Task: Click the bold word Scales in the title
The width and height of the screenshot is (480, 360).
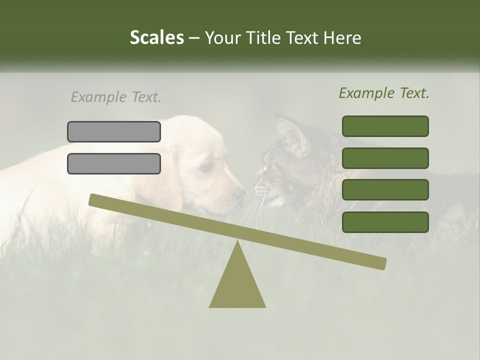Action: (156, 37)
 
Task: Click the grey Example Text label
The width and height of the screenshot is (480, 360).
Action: (116, 97)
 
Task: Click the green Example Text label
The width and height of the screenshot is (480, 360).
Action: (384, 93)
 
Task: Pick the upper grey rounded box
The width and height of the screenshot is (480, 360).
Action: (114, 131)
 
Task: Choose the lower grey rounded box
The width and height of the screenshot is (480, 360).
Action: (114, 163)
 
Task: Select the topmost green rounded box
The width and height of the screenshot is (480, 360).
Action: (385, 126)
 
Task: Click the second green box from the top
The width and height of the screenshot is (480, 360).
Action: (385, 158)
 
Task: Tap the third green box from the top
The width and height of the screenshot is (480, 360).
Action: (385, 190)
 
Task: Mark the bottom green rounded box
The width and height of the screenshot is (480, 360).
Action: (385, 222)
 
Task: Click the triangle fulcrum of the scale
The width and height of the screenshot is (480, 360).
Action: (237, 285)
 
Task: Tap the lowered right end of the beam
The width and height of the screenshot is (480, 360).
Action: (381, 263)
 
